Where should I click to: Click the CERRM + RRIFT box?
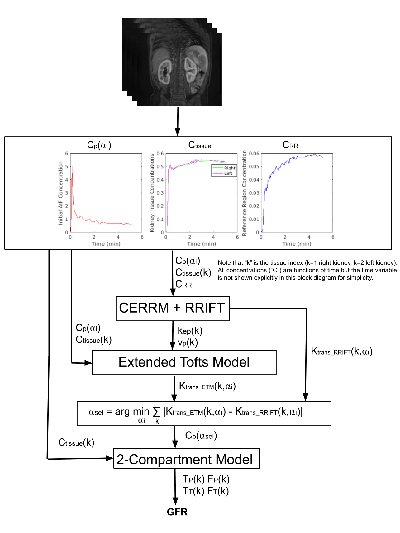click(173, 308)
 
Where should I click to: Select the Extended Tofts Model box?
click(184, 363)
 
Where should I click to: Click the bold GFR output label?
click(177, 512)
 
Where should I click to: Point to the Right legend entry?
click(230, 168)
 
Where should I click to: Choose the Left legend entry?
click(228, 173)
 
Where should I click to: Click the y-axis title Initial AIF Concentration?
click(60, 193)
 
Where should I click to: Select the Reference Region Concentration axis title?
click(245, 193)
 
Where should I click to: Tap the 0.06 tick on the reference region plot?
click(254, 153)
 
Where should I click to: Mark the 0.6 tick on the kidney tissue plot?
click(160, 153)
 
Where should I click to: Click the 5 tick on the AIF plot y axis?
click(66, 166)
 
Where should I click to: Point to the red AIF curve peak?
click(72, 167)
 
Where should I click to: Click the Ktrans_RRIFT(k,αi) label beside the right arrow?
click(342, 351)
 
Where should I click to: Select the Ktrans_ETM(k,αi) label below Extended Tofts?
click(207, 386)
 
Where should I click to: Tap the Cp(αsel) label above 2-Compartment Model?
click(201, 435)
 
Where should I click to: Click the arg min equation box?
click(204, 414)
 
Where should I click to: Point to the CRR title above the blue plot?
click(290, 145)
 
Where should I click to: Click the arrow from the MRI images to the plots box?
click(178, 121)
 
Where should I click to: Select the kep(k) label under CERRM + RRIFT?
click(190, 331)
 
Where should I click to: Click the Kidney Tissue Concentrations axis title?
click(152, 193)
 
